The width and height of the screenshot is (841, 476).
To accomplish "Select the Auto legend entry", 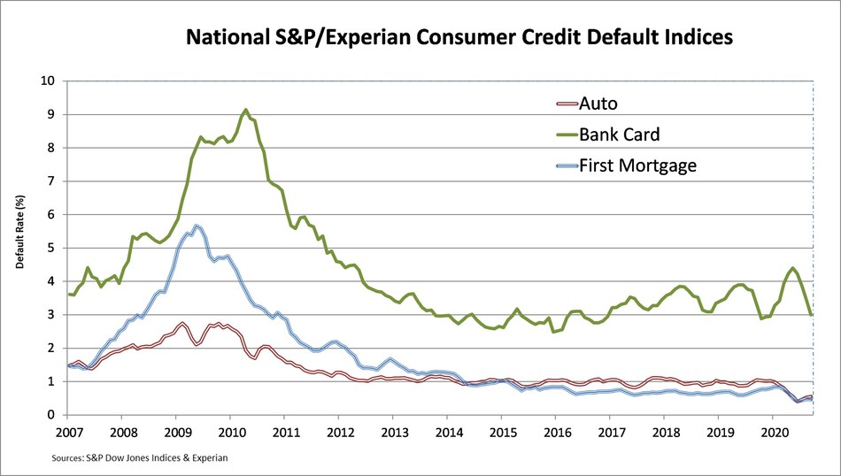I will [598, 104].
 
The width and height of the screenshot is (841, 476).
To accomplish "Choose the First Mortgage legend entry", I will [638, 165].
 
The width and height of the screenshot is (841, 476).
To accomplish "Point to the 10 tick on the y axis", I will [50, 81].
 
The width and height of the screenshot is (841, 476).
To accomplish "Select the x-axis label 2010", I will [231, 433].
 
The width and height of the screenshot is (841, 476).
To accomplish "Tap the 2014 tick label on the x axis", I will [449, 433].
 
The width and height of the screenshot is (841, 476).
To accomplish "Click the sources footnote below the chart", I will [139, 457].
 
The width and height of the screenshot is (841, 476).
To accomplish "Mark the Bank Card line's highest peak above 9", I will [245, 110].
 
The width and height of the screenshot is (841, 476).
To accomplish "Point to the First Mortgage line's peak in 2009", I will [196, 226].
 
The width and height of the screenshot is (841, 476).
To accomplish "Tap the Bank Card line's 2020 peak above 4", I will [792, 268].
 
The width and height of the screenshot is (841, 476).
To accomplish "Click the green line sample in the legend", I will [559, 136].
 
